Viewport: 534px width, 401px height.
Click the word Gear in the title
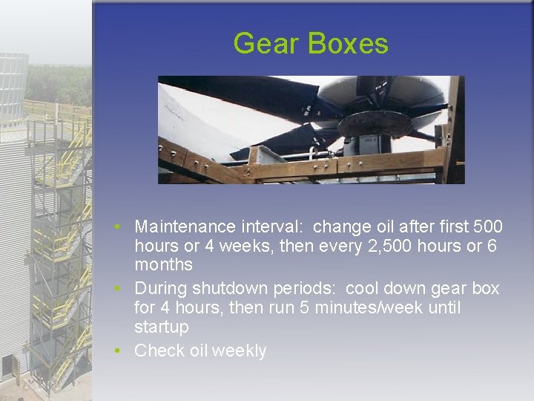(x=266, y=44)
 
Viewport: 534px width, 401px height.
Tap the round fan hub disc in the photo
(x=375, y=123)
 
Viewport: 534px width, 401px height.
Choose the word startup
(x=161, y=327)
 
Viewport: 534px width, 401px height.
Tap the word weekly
(x=239, y=351)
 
